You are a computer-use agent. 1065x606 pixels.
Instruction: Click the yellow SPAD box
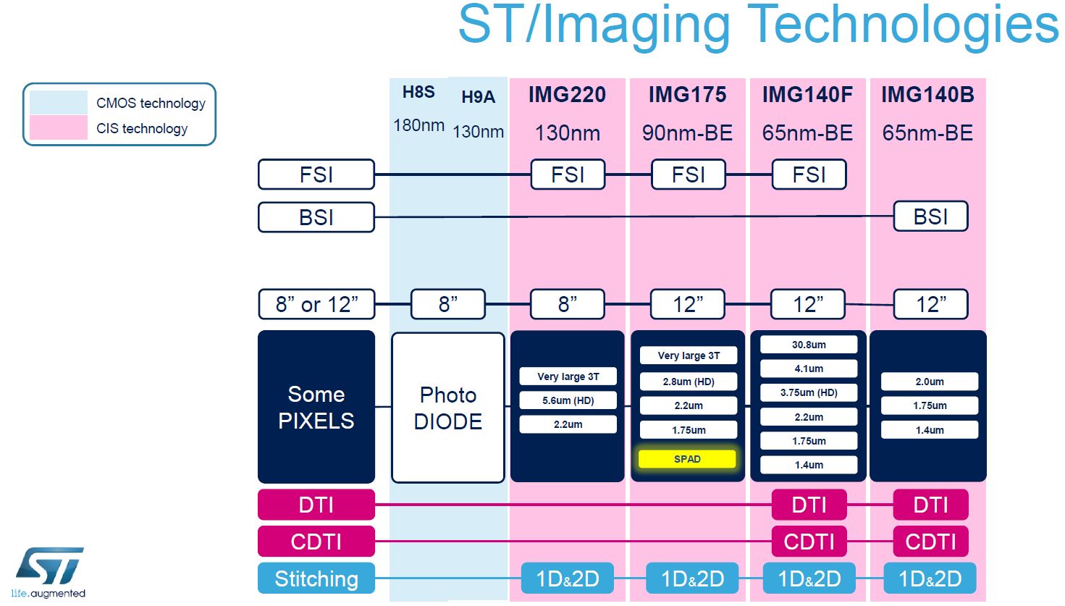[687, 459]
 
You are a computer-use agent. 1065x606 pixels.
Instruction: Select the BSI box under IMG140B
[930, 216]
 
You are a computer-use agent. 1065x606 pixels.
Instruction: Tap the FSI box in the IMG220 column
[568, 174]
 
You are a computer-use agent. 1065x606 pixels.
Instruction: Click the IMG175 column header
[687, 95]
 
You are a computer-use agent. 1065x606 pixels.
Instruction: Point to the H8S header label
[418, 93]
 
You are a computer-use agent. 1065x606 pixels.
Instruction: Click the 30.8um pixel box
[809, 345]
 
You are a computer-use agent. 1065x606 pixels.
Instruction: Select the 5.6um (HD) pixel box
[568, 400]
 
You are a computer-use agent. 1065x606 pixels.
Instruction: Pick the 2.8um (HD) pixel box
[688, 382]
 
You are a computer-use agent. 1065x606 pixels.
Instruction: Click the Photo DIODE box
[448, 408]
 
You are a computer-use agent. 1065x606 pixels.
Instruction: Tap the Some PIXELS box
[316, 407]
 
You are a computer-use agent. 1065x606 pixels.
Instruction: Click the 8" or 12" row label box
[316, 305]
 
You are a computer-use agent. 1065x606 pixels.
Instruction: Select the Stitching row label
[316, 578]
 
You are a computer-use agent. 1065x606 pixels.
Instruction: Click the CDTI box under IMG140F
[809, 542]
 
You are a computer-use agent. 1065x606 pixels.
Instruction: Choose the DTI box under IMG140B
[930, 505]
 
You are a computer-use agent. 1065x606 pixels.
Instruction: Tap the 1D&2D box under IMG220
[568, 578]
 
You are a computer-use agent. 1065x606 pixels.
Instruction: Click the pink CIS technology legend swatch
[58, 128]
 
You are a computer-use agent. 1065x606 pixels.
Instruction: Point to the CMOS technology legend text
[151, 104]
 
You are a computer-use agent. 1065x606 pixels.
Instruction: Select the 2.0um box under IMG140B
[930, 382]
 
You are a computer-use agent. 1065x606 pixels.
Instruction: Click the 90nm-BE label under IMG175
[687, 133]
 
